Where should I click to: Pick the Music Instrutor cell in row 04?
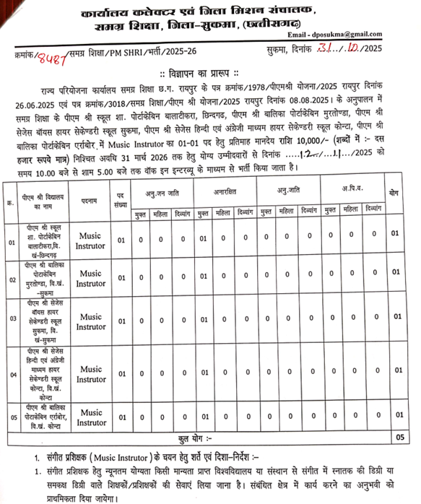tap(92, 374)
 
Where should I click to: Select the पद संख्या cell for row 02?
tap(121, 274)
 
